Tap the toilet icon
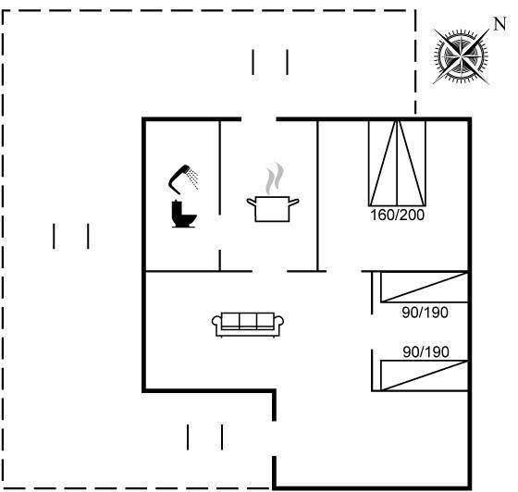click(x=184, y=214)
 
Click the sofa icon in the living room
click(x=248, y=325)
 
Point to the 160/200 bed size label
click(x=397, y=215)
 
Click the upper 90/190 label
click(x=425, y=313)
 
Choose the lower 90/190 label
click(x=425, y=352)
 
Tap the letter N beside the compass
click(x=499, y=24)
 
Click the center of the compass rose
click(x=461, y=56)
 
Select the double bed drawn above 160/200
click(x=397, y=163)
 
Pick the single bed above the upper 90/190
click(x=425, y=287)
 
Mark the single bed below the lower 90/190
click(x=425, y=375)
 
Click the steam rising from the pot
click(x=276, y=178)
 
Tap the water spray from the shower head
click(x=192, y=178)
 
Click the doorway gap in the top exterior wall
click(x=259, y=119)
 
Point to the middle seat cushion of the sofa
click(x=248, y=321)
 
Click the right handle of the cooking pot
click(x=294, y=203)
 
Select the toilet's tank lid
click(x=177, y=202)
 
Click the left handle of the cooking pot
click(x=252, y=203)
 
